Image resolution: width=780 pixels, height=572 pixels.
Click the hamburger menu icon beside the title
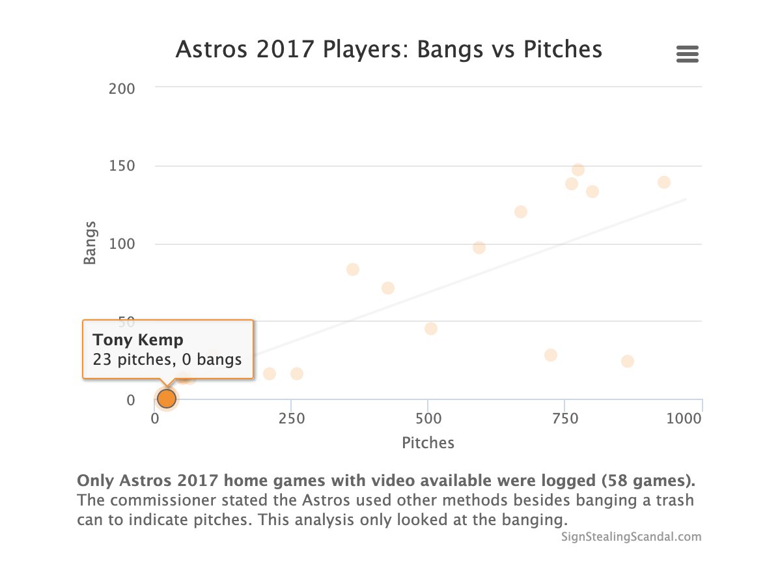coord(687,54)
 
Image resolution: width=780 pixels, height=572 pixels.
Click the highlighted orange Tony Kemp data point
coord(167,398)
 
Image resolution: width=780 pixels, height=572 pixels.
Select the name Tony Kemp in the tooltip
coord(138,340)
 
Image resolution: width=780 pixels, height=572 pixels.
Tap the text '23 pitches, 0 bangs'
coord(167,360)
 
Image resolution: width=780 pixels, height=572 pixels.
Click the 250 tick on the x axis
coord(291,419)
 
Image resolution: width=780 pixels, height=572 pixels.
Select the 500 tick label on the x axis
coord(427,419)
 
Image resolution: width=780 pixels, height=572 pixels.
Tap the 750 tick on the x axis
coord(564,419)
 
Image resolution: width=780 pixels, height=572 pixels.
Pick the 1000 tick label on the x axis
coord(684,419)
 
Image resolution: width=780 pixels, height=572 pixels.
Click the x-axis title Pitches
coord(428,443)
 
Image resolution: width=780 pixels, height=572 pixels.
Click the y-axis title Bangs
coord(90,243)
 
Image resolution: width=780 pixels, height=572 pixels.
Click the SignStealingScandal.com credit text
coord(631,537)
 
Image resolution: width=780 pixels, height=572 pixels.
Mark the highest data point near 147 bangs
coord(578,170)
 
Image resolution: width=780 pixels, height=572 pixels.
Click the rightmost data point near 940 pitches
coord(663,182)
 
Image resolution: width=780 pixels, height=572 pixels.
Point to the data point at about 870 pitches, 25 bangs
coord(627,362)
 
